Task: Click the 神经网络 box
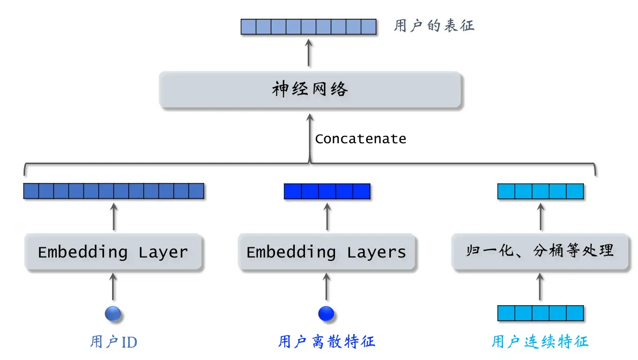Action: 310,90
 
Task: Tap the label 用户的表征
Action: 434,26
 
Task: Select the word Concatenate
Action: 360,139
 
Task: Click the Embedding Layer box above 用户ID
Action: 113,252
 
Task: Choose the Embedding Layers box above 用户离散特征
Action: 326,252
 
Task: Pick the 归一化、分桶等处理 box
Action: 540,251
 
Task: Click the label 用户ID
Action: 113,342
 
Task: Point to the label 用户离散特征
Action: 326,342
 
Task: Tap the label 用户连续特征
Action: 540,342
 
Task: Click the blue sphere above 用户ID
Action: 113,313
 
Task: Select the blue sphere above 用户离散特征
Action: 326,313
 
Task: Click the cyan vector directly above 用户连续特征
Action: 540,313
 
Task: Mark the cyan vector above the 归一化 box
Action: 540,192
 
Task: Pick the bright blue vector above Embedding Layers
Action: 327,192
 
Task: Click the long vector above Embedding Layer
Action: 114,192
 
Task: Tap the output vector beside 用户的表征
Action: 308,26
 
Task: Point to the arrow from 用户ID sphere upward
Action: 113,286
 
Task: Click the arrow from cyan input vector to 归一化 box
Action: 540,286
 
